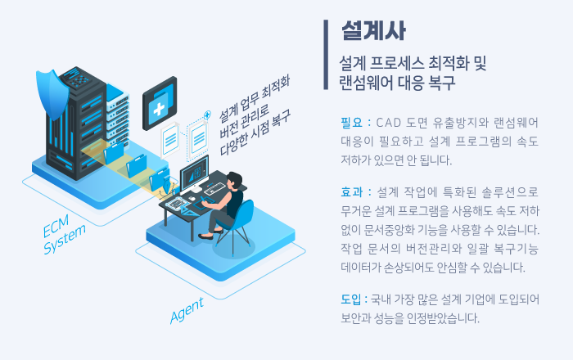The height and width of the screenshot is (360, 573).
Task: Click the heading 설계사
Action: [x=373, y=30]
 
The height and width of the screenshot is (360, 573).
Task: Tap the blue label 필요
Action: [x=351, y=123]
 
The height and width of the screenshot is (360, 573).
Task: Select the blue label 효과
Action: [x=351, y=192]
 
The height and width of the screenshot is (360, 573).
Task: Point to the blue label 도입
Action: [x=351, y=299]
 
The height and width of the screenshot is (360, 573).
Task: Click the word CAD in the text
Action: [x=389, y=123]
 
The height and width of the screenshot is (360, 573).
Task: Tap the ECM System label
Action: [x=64, y=234]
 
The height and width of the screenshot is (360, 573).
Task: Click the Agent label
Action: [x=187, y=311]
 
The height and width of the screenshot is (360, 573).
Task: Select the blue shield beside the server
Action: [x=52, y=94]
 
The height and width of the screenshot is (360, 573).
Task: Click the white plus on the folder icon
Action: [x=159, y=109]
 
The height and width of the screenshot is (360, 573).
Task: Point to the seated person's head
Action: [x=234, y=180]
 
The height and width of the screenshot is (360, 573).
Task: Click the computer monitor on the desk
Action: [x=194, y=173]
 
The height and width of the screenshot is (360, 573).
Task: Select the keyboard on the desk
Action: [x=214, y=188]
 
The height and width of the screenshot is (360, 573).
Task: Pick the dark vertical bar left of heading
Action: [x=326, y=55]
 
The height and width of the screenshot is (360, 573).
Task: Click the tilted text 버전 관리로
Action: [x=244, y=122]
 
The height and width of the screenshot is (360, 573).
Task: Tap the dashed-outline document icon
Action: [x=198, y=140]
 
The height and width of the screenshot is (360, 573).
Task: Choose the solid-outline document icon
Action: [x=170, y=139]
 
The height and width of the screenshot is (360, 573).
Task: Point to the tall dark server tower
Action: [x=76, y=124]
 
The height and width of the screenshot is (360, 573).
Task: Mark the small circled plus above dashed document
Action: [x=207, y=115]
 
